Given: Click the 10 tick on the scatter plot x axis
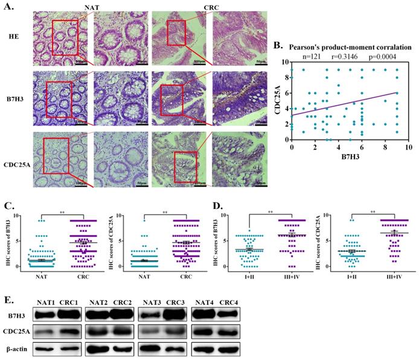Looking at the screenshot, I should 408,147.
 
